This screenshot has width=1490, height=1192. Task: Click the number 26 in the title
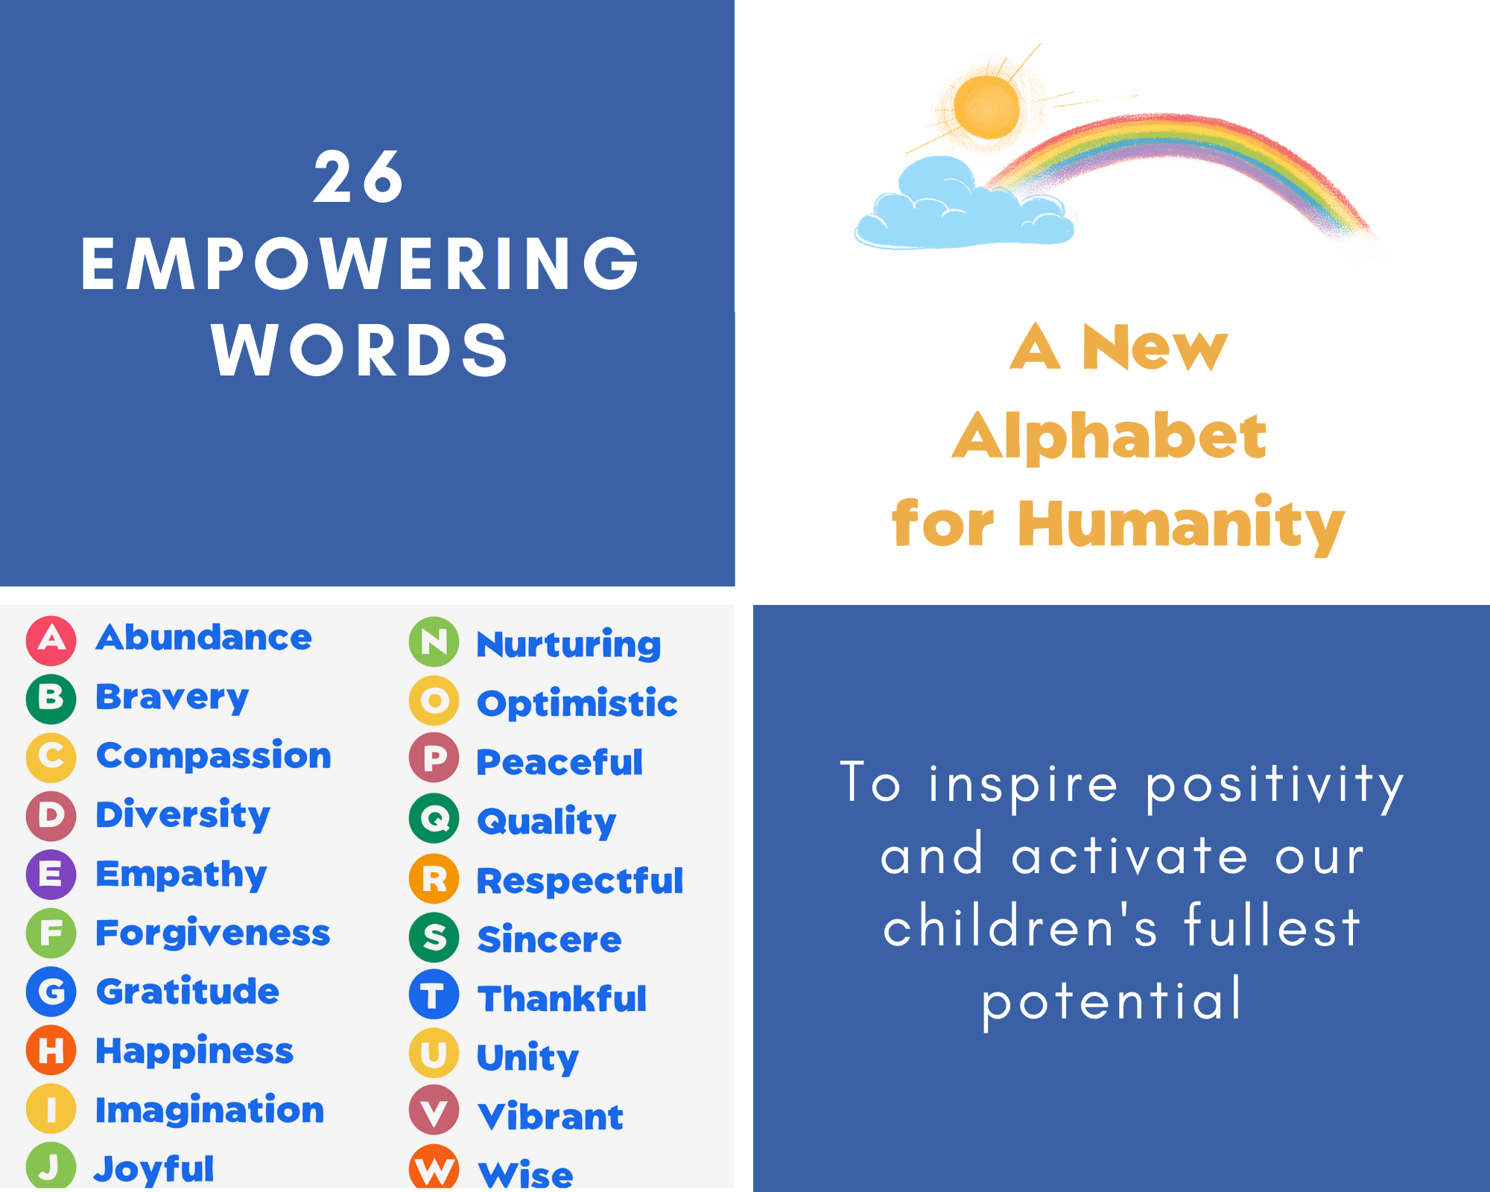pyautogui.click(x=358, y=177)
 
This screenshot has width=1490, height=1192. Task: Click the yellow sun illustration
pyautogui.click(x=986, y=107)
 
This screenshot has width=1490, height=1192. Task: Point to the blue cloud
pyautogui.click(x=964, y=204)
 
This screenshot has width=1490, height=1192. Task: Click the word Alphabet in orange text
pyautogui.click(x=1109, y=437)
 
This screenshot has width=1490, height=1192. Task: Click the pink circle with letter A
pyautogui.click(x=51, y=640)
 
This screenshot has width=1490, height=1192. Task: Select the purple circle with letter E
pyautogui.click(x=51, y=874)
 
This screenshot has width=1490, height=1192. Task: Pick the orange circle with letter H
pyautogui.click(x=51, y=1050)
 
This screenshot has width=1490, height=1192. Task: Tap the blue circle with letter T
pyautogui.click(x=434, y=995)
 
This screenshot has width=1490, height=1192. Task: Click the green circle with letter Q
pyautogui.click(x=434, y=819)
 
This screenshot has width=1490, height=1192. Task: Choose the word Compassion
pyautogui.click(x=214, y=756)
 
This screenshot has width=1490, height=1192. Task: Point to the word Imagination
pyautogui.click(x=210, y=1111)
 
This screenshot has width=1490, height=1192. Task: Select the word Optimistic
pyautogui.click(x=577, y=704)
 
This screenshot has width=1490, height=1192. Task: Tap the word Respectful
pyautogui.click(x=580, y=881)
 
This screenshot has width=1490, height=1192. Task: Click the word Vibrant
pyautogui.click(x=551, y=1116)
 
